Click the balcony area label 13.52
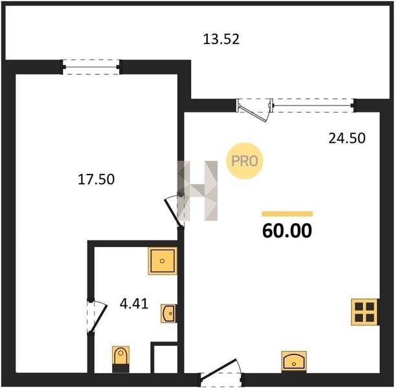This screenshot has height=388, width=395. (221, 39)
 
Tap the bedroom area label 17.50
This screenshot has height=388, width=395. (96, 180)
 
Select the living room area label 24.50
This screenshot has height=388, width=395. (347, 138)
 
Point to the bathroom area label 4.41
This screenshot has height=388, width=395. (134, 304)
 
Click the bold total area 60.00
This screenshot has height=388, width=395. (287, 231)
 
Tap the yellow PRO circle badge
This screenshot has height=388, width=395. (245, 161)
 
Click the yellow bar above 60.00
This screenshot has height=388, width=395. (287, 214)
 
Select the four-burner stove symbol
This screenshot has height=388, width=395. (365, 312)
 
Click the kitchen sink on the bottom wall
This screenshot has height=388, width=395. (294, 361)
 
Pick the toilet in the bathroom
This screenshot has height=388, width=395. (120, 359)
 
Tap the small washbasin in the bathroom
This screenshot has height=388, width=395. (168, 314)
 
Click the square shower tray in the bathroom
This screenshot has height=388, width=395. (163, 261)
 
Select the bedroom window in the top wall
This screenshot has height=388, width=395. (91, 67)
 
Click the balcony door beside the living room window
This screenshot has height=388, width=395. (254, 109)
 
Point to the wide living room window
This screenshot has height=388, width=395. (313, 105)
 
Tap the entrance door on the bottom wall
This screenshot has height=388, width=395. (221, 372)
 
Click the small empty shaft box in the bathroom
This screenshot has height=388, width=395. (165, 359)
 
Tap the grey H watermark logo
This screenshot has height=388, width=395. (198, 191)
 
